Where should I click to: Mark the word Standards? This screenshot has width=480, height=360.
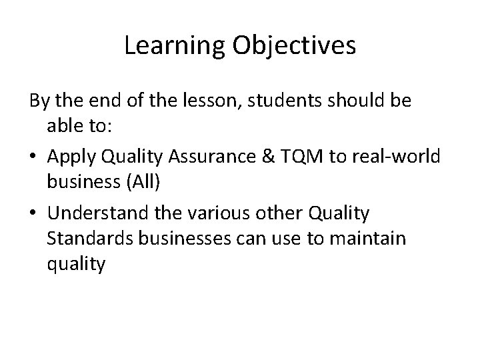point(79,238)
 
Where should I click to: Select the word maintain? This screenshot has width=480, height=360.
point(373,238)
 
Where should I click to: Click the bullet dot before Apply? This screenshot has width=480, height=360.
point(34,157)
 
